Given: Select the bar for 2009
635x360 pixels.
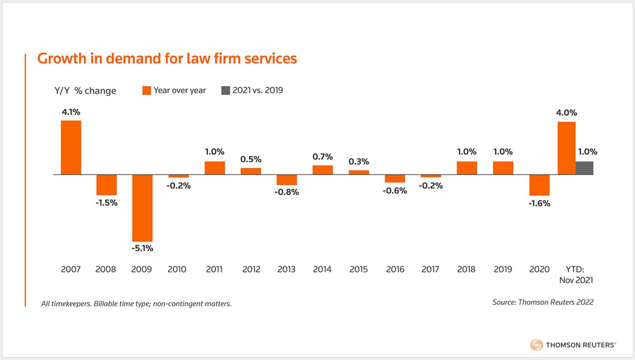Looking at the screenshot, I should pos(142,208).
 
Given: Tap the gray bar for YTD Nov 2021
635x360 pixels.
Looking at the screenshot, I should pos(584,168).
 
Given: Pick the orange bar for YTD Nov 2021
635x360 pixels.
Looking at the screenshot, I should pos(566,148).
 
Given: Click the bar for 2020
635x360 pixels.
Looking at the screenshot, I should pos(539,185).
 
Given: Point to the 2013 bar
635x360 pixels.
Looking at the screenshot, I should pos(287,180).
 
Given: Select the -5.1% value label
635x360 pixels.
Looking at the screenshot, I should pos(142,248).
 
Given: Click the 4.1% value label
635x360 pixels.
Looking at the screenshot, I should pos(71,112).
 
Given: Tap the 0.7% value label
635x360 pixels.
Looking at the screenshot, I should pos(322,157).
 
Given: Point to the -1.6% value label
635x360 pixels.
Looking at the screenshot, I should pos(539,203).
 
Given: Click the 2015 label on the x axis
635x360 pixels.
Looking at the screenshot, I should pos(359,269).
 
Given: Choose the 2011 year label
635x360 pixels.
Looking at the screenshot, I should pos(214,269).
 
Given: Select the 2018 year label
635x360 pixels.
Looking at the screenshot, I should pos(466,269).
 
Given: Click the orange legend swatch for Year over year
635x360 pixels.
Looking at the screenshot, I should pos(146,90).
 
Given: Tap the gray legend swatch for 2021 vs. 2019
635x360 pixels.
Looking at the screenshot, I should pos(225,90).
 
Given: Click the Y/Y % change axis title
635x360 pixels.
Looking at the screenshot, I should pos(85,91).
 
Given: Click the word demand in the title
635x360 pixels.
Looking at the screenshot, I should pos(133,58).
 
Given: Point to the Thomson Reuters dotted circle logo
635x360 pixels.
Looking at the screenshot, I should pos(536,345).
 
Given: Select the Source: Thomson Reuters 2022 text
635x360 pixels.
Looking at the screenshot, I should pos(543,302).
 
